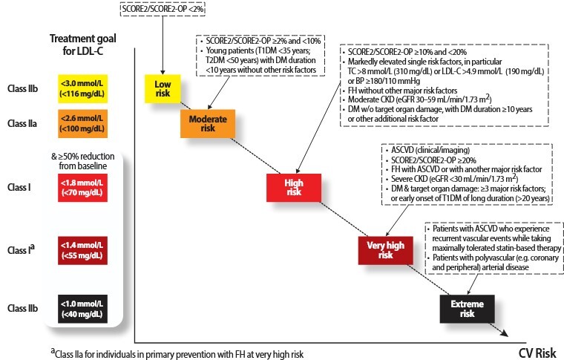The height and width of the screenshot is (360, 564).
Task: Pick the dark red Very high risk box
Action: tap(385, 249)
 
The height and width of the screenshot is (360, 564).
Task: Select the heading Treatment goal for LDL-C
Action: tap(81, 45)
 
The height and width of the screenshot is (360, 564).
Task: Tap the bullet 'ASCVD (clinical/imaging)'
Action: tap(424, 150)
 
